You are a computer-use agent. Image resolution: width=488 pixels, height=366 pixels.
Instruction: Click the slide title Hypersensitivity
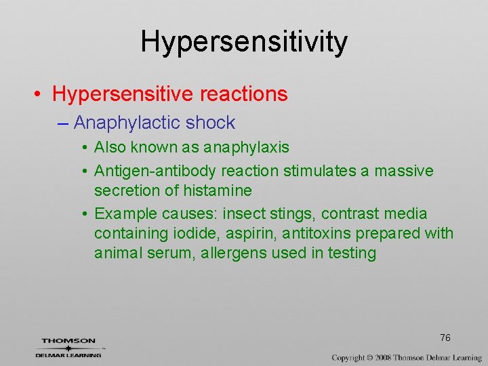tap(244, 42)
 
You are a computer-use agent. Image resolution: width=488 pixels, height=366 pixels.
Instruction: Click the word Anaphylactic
tap(127, 123)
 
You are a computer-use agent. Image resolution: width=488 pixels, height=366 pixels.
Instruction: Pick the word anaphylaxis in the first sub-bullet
tap(246, 147)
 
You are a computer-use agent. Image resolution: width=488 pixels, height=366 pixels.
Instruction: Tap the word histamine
tap(217, 190)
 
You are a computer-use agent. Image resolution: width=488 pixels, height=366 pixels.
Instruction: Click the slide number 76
tap(445, 338)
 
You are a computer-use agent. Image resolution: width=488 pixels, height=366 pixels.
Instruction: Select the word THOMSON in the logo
tap(68, 341)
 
